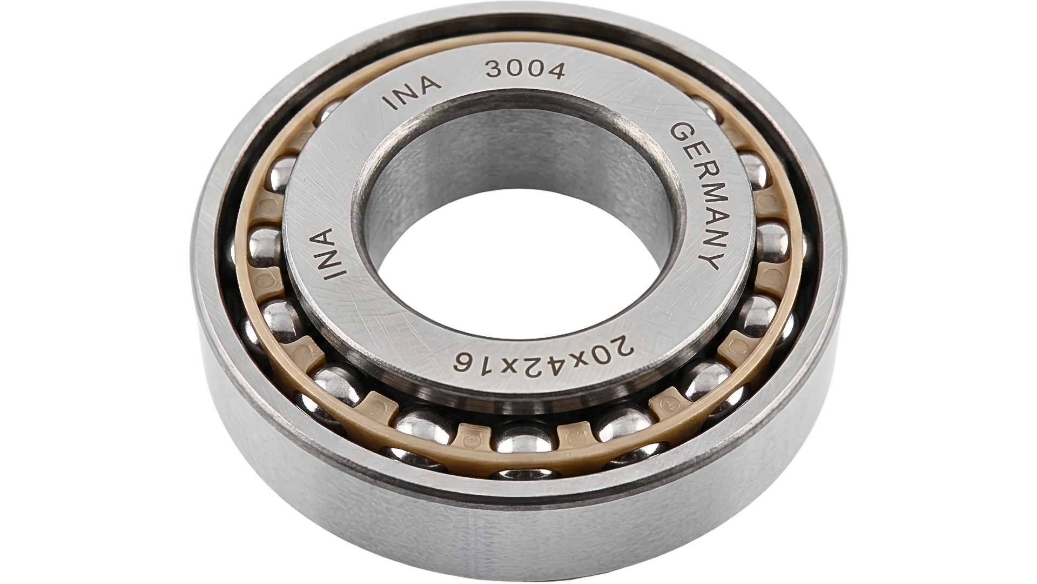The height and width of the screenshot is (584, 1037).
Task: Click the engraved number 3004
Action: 525,70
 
